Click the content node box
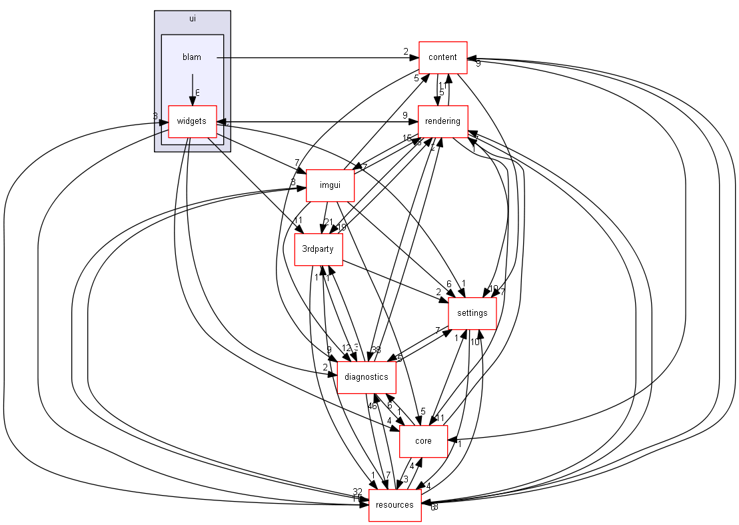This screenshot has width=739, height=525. [x=442, y=57]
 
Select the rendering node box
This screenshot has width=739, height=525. [x=442, y=121]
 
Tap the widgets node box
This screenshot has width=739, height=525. [x=193, y=122]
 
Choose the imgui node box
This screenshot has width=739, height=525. [x=330, y=185]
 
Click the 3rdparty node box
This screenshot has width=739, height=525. [x=319, y=250]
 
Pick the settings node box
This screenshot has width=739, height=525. [x=472, y=313]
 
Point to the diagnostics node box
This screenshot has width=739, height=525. [x=367, y=377]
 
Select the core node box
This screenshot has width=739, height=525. [x=423, y=441]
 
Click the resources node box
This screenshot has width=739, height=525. [x=394, y=505]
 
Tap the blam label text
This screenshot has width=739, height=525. [x=192, y=57]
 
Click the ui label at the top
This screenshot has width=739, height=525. [x=192, y=19]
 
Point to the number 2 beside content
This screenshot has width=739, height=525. [x=405, y=51]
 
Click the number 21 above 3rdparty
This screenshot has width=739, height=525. [x=328, y=222]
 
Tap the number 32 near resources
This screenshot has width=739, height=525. [x=358, y=492]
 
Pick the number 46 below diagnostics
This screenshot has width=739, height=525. [x=372, y=406]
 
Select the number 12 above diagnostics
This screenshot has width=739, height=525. [x=346, y=348]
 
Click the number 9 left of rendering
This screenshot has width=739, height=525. [x=405, y=115]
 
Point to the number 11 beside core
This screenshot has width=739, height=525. [x=440, y=418]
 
